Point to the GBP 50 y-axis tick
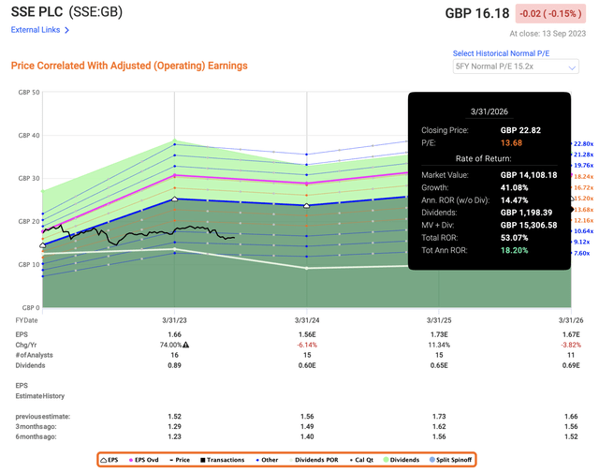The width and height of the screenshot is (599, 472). click(x=27, y=93)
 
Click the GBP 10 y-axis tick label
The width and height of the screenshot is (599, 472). click(x=27, y=265)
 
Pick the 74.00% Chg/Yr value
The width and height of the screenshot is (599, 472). click(x=173, y=345)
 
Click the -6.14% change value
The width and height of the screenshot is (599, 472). click(x=307, y=345)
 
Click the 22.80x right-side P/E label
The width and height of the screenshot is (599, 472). click(x=582, y=142)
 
